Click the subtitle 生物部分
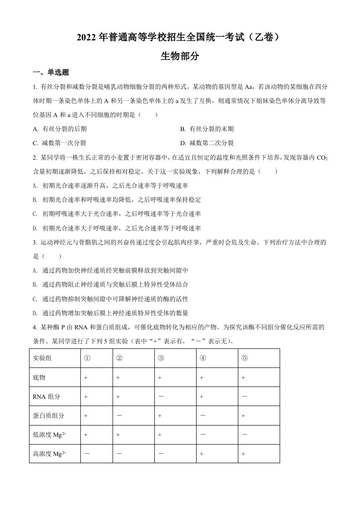point(180,56)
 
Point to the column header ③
point(161,358)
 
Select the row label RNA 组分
point(46,396)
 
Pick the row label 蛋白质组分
point(49,416)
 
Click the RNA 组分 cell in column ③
point(161,396)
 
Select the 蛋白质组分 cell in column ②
point(119,416)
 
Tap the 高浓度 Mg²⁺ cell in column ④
point(202,454)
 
